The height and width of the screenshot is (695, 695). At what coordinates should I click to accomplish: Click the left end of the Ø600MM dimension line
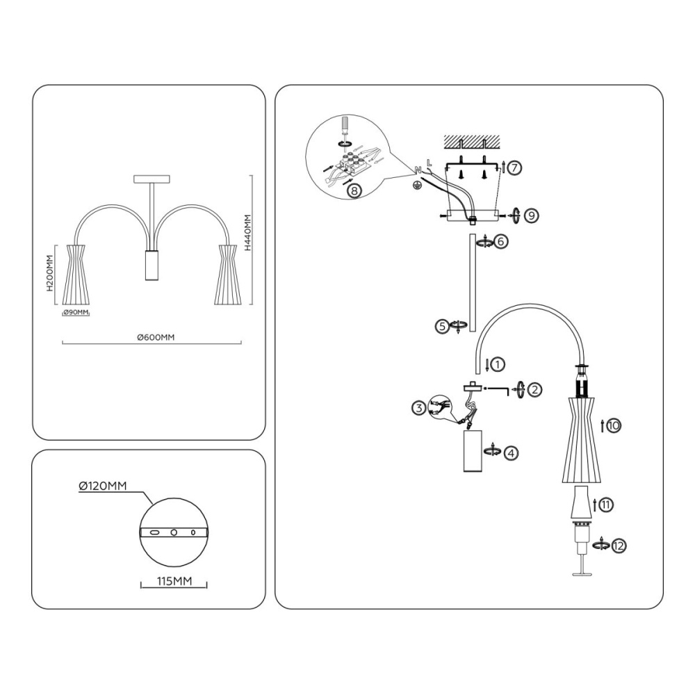point(63,343)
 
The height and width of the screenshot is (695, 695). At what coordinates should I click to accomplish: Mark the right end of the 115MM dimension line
point(206,585)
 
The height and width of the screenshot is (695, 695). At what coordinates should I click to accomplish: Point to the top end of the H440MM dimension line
point(252,176)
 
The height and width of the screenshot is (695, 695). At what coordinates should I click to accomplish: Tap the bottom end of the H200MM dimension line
point(56,304)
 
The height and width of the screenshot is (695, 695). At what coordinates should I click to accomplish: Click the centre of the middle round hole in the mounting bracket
point(174,532)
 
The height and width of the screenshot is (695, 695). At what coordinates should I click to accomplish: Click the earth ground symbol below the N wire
point(416,186)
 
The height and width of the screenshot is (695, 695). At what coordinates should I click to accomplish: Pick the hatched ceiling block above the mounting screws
point(472,142)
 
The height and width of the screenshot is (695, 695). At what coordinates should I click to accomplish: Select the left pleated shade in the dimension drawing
point(78,274)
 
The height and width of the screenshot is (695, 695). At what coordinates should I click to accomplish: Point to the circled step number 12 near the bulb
point(619,546)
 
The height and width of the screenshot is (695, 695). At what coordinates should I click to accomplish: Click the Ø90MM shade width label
point(76,312)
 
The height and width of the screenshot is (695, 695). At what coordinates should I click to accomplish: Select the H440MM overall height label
point(247,233)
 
